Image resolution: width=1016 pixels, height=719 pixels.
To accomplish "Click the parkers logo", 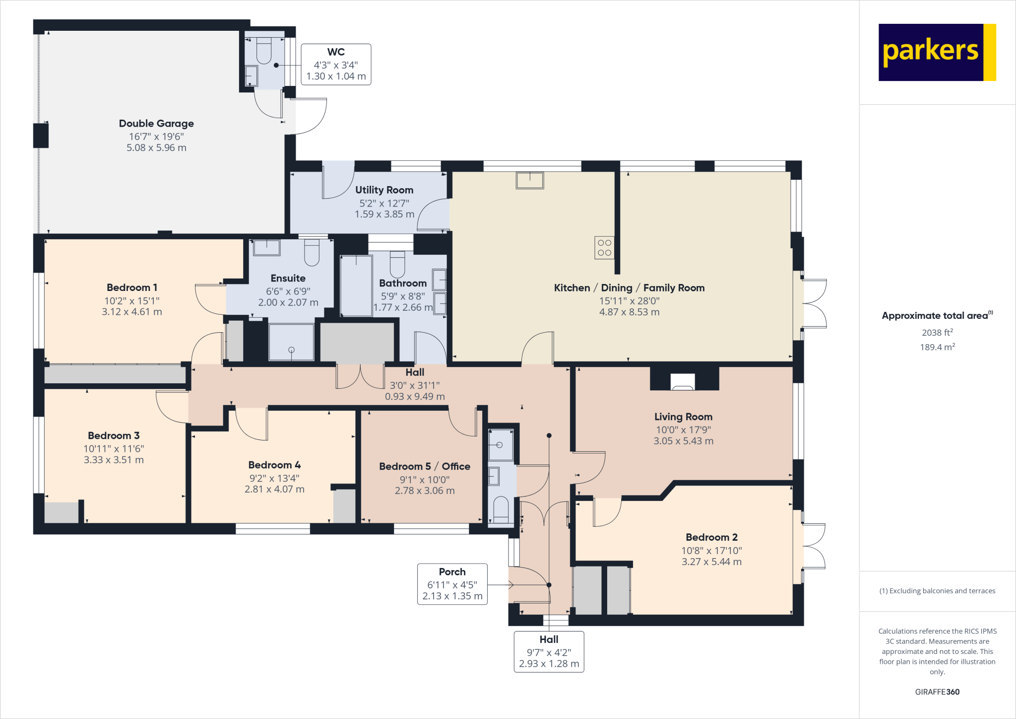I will [937, 52].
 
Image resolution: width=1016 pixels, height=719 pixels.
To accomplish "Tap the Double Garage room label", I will [156, 124].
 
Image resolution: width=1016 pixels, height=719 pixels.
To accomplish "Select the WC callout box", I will [336, 64].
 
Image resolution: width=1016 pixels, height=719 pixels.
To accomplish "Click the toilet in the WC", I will [264, 51].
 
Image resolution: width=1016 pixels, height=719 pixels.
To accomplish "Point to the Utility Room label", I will [384, 190].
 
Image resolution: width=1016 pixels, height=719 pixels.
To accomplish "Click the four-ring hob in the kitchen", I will [604, 248].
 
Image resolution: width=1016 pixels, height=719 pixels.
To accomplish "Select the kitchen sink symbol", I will [530, 180].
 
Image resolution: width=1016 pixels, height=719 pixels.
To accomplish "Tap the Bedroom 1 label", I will [132, 288].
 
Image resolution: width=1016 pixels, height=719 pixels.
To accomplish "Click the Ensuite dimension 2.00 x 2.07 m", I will [288, 302].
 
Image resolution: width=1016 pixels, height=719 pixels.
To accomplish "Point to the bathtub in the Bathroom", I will [356, 286].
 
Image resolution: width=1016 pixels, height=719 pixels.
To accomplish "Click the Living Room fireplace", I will [683, 381].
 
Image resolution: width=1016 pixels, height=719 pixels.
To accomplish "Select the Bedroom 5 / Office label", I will [425, 466].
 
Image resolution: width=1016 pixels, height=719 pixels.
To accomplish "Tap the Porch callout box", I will [452, 584].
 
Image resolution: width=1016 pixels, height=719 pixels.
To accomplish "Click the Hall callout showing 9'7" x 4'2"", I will [549, 651].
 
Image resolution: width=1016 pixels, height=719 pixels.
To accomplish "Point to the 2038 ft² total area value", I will [937, 333].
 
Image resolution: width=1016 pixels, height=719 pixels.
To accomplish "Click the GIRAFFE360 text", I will [937, 692].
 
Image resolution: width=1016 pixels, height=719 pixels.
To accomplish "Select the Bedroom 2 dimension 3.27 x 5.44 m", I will [711, 562].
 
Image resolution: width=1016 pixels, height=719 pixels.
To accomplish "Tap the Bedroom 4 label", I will [274, 465].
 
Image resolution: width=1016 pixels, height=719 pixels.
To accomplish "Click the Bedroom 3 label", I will [114, 435].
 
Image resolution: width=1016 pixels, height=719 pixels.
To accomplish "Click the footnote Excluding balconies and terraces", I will [937, 591].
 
